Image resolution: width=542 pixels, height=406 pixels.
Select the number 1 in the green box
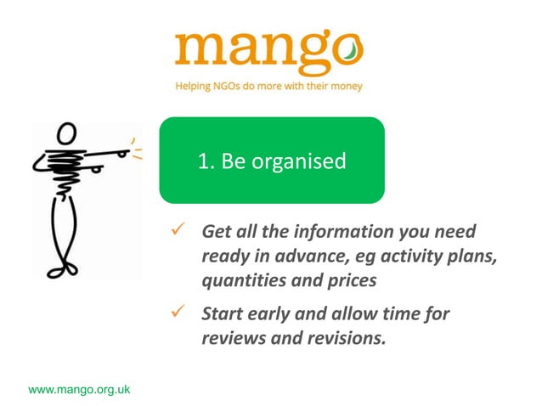click(203, 161)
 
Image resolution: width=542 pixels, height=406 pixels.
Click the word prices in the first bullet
click(350, 279)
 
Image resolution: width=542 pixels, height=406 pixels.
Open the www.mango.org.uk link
click(79, 390)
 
